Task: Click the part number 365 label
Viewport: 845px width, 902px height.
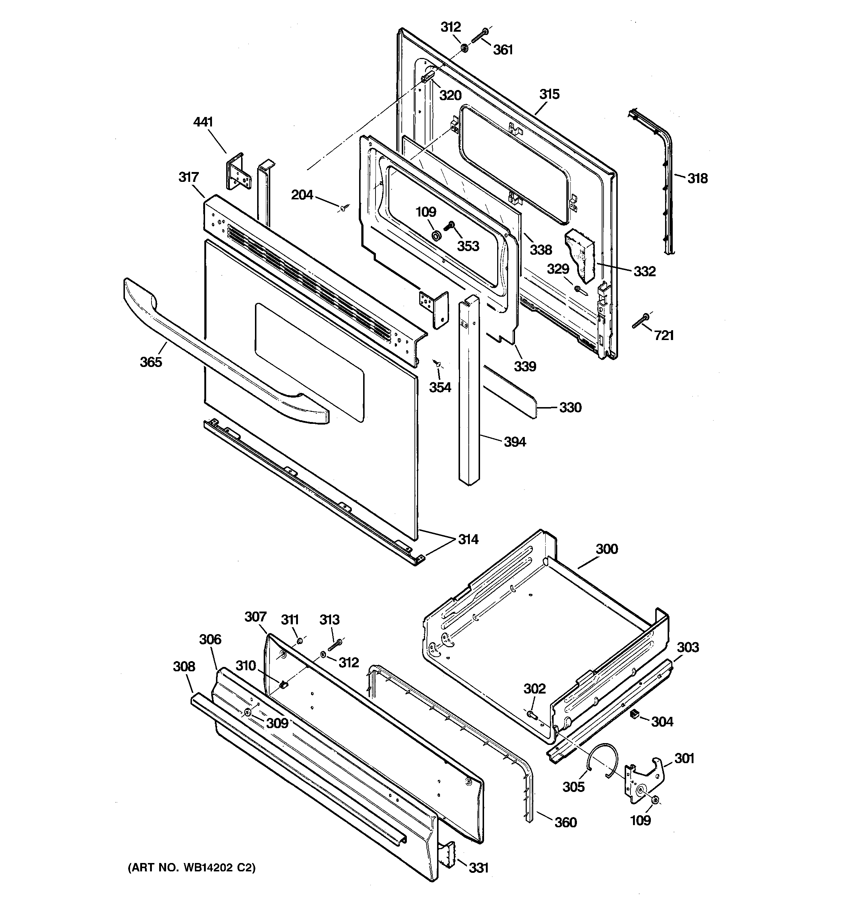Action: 150,362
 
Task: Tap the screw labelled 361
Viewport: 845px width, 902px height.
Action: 479,36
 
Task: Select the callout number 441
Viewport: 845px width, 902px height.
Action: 203,122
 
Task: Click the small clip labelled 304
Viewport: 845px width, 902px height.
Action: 634,715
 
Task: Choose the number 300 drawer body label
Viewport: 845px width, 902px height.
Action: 606,549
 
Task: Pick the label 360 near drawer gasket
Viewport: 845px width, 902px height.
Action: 566,822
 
